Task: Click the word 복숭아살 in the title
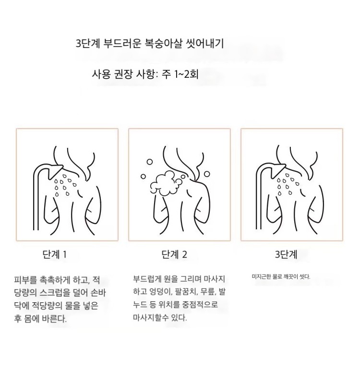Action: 163,44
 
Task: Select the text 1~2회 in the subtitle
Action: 186,74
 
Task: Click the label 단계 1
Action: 55,254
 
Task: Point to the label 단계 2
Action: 174,254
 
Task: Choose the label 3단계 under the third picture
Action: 286,254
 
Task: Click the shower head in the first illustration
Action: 55,171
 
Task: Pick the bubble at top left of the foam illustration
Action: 150,162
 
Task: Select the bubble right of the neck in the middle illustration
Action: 207,174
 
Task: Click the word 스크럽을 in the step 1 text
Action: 55,293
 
